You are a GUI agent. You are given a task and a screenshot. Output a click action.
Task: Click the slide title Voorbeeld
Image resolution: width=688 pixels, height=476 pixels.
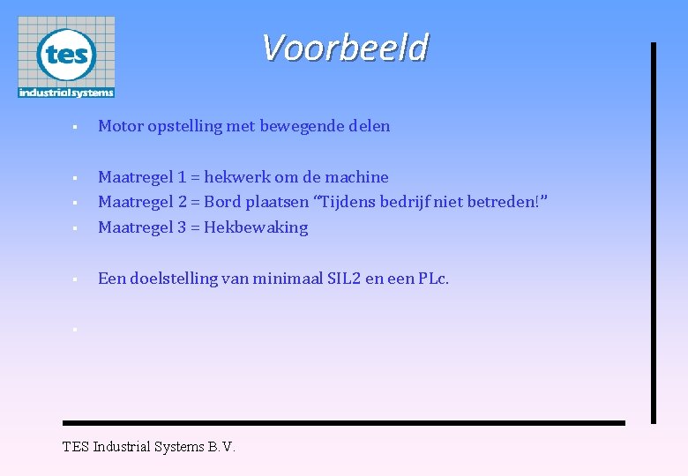(x=345, y=48)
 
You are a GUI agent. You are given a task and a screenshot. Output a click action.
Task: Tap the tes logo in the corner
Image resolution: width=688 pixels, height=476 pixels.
(x=66, y=56)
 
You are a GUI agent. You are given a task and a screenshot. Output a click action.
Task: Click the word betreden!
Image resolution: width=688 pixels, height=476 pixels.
(x=512, y=202)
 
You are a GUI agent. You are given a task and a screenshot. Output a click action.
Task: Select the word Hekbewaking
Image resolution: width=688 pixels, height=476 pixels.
(x=256, y=227)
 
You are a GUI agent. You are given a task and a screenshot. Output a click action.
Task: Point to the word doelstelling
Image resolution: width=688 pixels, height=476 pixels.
(x=173, y=279)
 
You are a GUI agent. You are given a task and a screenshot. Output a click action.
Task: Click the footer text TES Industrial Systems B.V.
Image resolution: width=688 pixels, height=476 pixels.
(x=149, y=446)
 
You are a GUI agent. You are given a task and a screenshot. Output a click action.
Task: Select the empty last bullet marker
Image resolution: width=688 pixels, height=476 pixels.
(x=76, y=330)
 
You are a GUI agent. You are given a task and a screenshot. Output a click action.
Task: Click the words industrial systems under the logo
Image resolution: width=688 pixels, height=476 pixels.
(x=66, y=93)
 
